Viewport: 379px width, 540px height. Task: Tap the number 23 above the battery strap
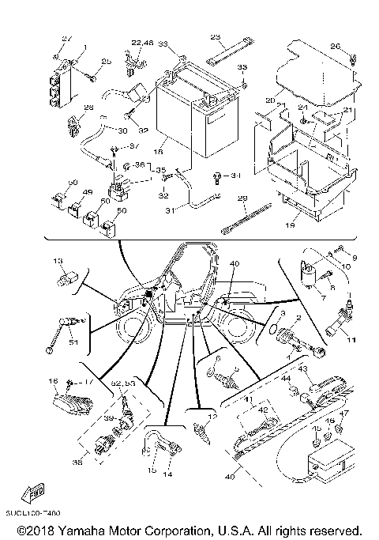pos(215,37)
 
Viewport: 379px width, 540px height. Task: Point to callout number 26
pos(334,47)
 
